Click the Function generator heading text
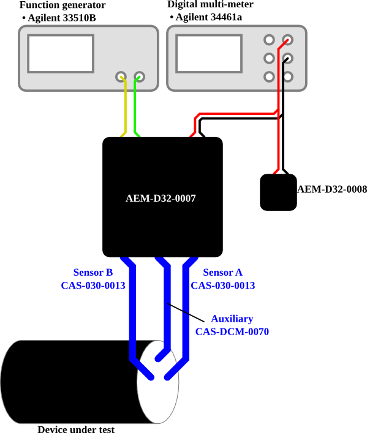point(62,5)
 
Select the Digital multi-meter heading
point(211,4)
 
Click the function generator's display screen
point(61,54)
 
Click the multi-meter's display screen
point(209,54)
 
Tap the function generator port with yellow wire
point(121,77)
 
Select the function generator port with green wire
point(140,77)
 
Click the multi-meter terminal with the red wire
point(287,40)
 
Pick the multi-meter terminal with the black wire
point(287,58)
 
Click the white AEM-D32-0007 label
point(161,198)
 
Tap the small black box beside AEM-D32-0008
point(279,192)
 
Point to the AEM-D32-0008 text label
point(332,189)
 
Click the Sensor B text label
point(93,273)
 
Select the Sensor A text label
point(222,273)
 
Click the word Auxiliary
point(232,319)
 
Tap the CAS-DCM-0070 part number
point(232,331)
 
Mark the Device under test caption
point(76,429)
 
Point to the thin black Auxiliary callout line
point(186,313)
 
